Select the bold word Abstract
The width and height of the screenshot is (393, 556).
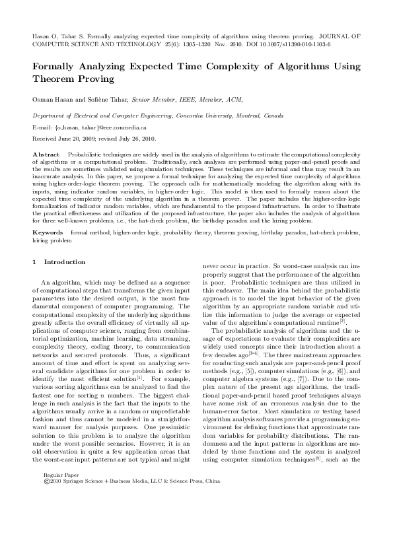45,153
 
